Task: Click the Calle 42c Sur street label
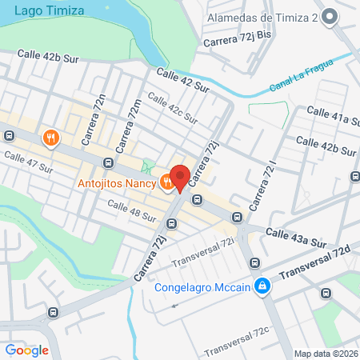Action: tap(172, 109)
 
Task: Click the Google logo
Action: tap(27, 350)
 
